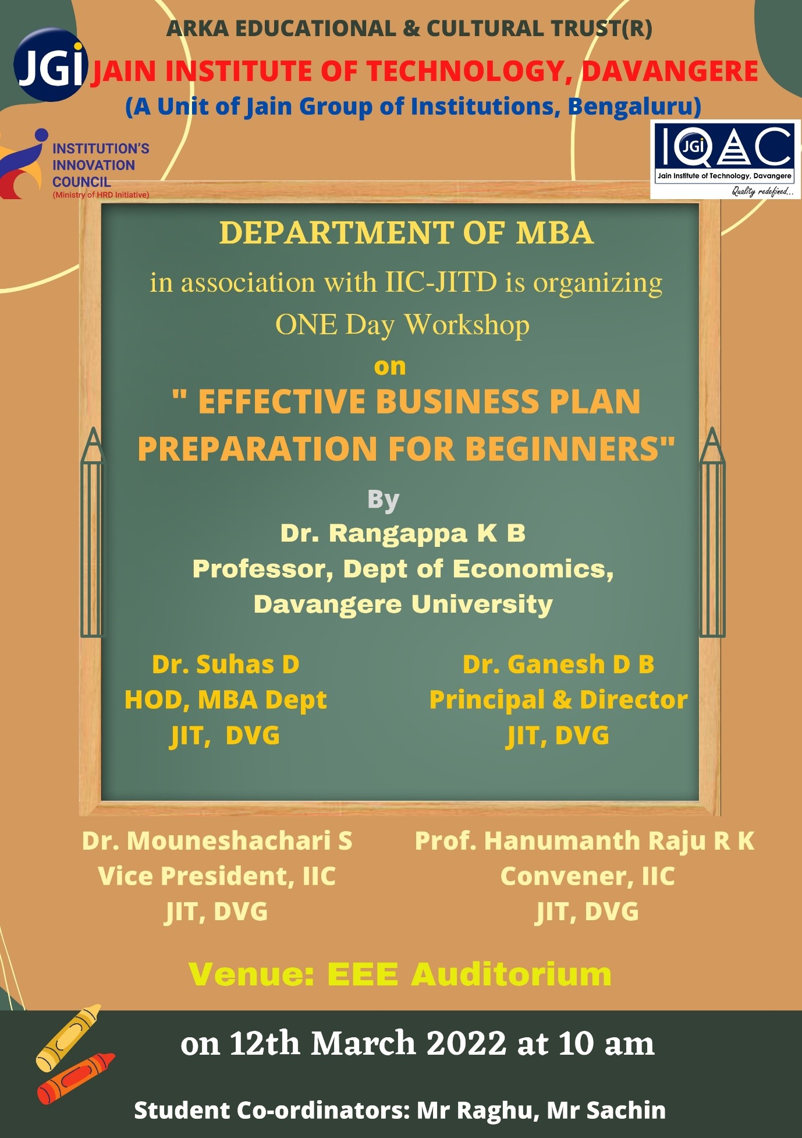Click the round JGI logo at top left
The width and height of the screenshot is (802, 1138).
[51, 65]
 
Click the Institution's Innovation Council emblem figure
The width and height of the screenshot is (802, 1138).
[23, 163]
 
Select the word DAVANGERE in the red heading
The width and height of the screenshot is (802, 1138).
[670, 72]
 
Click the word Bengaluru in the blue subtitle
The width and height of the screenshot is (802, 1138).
[634, 107]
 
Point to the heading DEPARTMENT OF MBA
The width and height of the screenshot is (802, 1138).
[406, 233]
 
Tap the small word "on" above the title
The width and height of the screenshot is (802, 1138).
[390, 367]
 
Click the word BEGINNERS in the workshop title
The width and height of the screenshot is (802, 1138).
[570, 448]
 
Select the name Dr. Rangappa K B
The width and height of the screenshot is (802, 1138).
[403, 533]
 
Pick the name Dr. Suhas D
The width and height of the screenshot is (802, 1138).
[226, 665]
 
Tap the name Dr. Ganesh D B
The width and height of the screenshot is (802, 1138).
[558, 665]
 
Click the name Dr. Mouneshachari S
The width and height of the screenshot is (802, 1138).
[217, 841]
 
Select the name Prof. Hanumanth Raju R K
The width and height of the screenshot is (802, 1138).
[584, 841]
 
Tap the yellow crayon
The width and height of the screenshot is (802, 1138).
[68, 1037]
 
